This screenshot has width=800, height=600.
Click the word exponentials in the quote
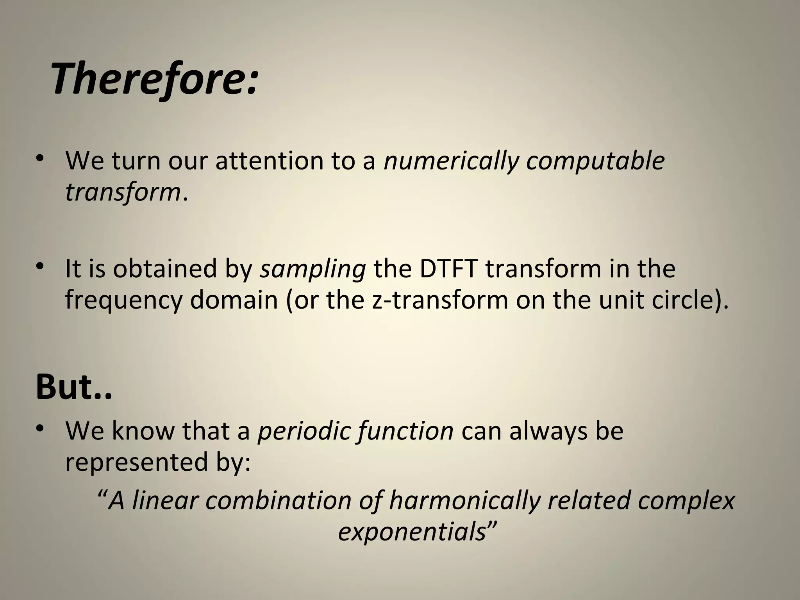(412, 532)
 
